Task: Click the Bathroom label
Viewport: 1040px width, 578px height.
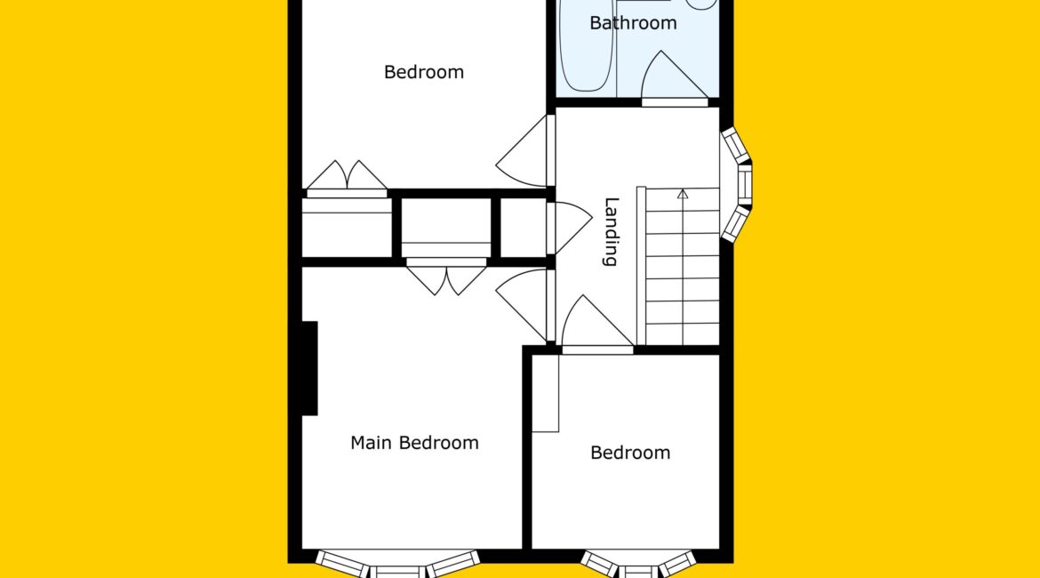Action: (633, 23)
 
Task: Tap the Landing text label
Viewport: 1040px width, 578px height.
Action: (612, 231)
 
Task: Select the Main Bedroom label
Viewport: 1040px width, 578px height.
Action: (414, 443)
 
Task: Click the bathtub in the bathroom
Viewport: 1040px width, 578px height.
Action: (587, 45)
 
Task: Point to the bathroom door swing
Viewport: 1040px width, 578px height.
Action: (674, 77)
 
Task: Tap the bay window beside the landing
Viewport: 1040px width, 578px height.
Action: (736, 184)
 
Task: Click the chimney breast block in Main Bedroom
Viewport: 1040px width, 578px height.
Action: (309, 368)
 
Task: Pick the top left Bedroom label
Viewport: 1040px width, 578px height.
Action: (424, 72)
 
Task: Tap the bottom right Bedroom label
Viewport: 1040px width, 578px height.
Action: (630, 453)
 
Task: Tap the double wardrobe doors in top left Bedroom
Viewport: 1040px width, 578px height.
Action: (347, 179)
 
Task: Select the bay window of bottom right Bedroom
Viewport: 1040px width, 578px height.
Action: (638, 565)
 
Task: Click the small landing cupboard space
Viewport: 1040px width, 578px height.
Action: (523, 228)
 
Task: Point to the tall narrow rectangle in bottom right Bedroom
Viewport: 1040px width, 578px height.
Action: (546, 394)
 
